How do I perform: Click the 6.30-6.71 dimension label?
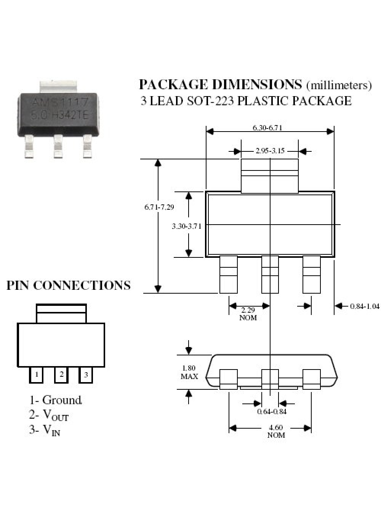tap(267, 128)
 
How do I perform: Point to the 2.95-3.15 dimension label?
tap(270, 151)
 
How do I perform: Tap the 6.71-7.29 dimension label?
tap(159, 207)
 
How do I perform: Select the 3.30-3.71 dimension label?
tap(187, 226)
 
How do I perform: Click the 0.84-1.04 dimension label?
tap(365, 306)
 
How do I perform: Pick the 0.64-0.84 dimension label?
tap(272, 411)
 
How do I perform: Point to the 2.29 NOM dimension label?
tap(248, 314)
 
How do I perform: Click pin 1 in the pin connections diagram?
tap(36, 375)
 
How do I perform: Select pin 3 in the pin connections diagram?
tap(86, 375)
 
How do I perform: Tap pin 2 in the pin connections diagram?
tap(61, 375)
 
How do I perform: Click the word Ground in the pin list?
tap(62, 400)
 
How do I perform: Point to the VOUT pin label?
tap(56, 415)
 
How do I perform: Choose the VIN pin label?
tap(51, 429)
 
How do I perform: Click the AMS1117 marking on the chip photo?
tap(60, 102)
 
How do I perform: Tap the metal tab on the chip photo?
tap(58, 87)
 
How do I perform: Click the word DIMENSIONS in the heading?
tap(257, 84)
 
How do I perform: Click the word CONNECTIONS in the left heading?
tap(82, 285)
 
